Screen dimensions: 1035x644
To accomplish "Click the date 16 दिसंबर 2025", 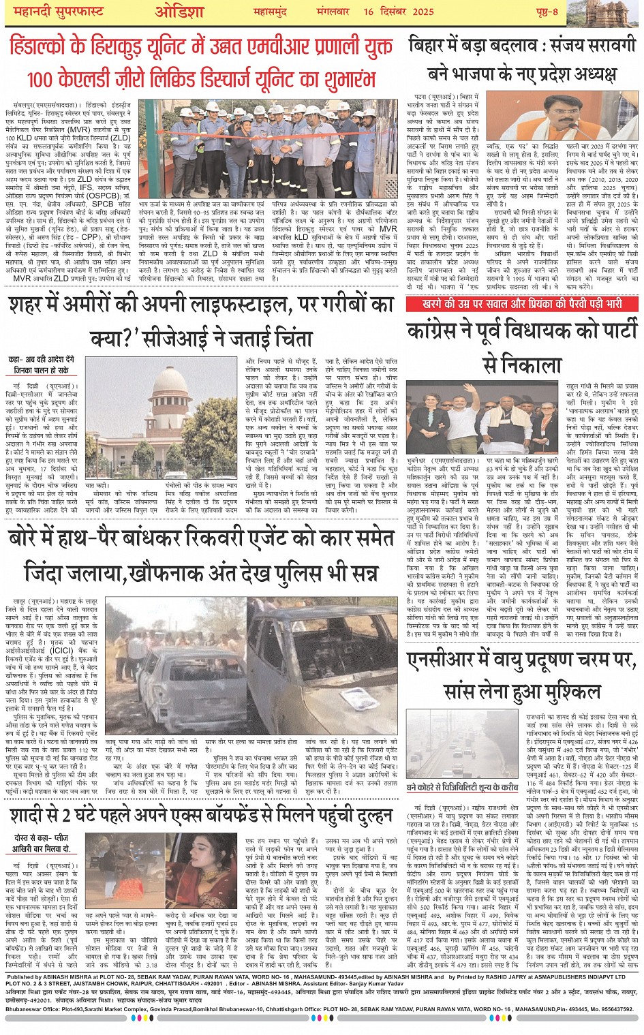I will point(398,12).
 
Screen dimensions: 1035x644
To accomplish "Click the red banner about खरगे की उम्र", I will point(522,303).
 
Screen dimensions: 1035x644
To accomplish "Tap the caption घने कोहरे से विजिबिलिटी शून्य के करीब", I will point(462,786).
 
